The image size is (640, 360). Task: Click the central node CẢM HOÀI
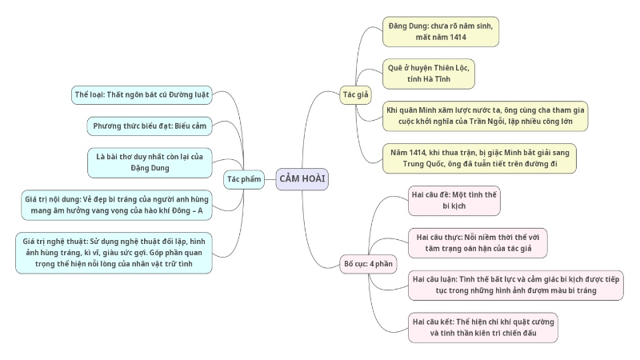[302, 179]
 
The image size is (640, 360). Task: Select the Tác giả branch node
[355, 94]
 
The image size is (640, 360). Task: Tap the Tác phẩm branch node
[244, 179]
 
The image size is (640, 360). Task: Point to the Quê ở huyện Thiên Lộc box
[427, 74]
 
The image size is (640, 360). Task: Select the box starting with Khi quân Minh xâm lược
[486, 116]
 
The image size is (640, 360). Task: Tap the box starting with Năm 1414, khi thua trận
[478, 158]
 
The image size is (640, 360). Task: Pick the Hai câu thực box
[477, 242]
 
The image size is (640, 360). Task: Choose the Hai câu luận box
[516, 285]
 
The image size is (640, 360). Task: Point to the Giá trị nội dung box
[117, 205]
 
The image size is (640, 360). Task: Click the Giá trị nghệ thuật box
[114, 252]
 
